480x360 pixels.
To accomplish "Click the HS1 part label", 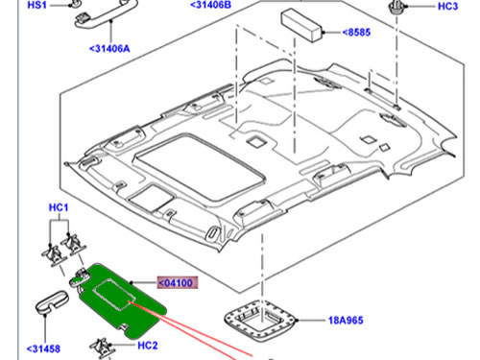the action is (x=37, y=5).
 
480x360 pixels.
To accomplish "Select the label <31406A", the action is (x=109, y=49).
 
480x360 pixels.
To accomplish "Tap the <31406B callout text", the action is (x=210, y=5).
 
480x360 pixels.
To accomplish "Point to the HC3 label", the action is (x=447, y=7).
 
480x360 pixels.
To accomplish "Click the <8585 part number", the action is (x=356, y=33).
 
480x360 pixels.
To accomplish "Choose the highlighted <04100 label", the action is (x=177, y=283).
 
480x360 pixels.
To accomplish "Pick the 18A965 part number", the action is (x=346, y=321).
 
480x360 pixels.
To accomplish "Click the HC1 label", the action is (x=59, y=207).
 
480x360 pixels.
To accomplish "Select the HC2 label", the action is (x=148, y=346).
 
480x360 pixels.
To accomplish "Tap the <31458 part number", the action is (x=43, y=348).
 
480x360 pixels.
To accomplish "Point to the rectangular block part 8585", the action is (x=301, y=25).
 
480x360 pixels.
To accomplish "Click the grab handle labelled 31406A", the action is (x=106, y=16).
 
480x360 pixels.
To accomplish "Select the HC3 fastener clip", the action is (x=396, y=7).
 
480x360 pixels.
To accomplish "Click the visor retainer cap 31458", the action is (x=51, y=301).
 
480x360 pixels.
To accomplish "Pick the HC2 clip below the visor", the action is (x=103, y=348).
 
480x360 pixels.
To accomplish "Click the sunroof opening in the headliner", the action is (x=200, y=167).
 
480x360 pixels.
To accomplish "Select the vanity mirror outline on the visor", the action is (x=113, y=295).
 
